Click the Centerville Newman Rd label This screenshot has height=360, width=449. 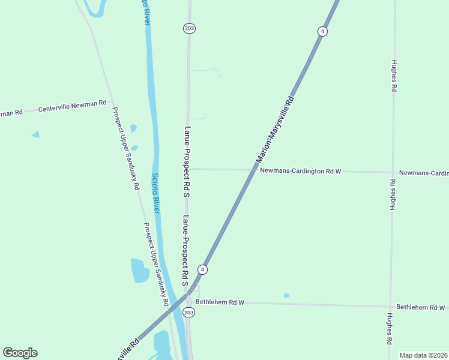tap(72, 107)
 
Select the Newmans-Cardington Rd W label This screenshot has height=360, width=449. tap(301, 171)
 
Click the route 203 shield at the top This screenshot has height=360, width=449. tap(189, 28)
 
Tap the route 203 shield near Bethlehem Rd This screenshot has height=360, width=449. tap(189, 313)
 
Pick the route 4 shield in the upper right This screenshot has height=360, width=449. tap(322, 31)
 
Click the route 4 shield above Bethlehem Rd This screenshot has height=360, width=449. tap(203, 269)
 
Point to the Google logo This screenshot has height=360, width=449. tap(20, 353)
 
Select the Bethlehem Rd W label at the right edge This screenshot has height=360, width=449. tap(420, 307)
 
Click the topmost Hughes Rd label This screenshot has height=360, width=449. tap(394, 75)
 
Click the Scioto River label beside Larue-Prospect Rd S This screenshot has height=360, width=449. tap(155, 194)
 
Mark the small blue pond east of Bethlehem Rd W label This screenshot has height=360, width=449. tap(286, 295)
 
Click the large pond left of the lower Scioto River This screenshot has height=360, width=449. tap(139, 271)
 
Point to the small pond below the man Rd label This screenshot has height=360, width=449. tap(35, 134)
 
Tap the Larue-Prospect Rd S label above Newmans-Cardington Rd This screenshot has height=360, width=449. tap(187, 162)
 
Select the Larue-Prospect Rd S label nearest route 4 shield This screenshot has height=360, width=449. tap(187, 246)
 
